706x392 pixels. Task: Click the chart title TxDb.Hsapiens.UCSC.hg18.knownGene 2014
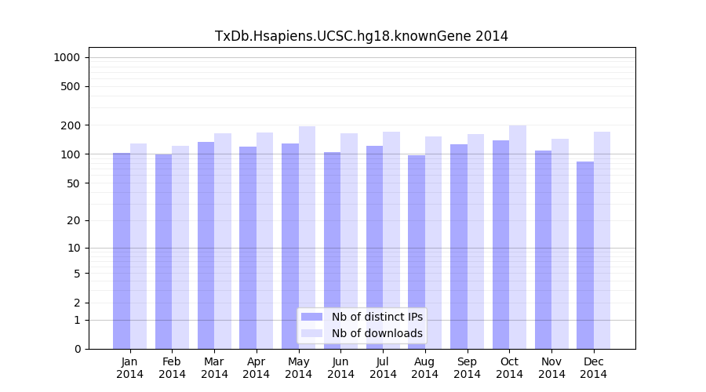coord(362,36)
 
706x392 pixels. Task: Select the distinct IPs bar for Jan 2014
coord(122,251)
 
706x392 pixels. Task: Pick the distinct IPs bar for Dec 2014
coord(585,255)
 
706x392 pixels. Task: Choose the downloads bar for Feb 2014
coord(180,247)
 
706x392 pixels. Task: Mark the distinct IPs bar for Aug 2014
coord(417,252)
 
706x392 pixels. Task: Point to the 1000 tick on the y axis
coord(66,57)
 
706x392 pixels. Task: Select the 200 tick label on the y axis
coord(71,125)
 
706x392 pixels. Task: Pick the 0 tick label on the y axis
coord(77,349)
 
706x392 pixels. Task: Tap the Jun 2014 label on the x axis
coord(340,368)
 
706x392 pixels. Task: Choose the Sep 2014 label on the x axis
coord(467,368)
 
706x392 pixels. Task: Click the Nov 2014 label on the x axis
coord(551,368)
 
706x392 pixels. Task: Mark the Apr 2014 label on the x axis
coord(257,368)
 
